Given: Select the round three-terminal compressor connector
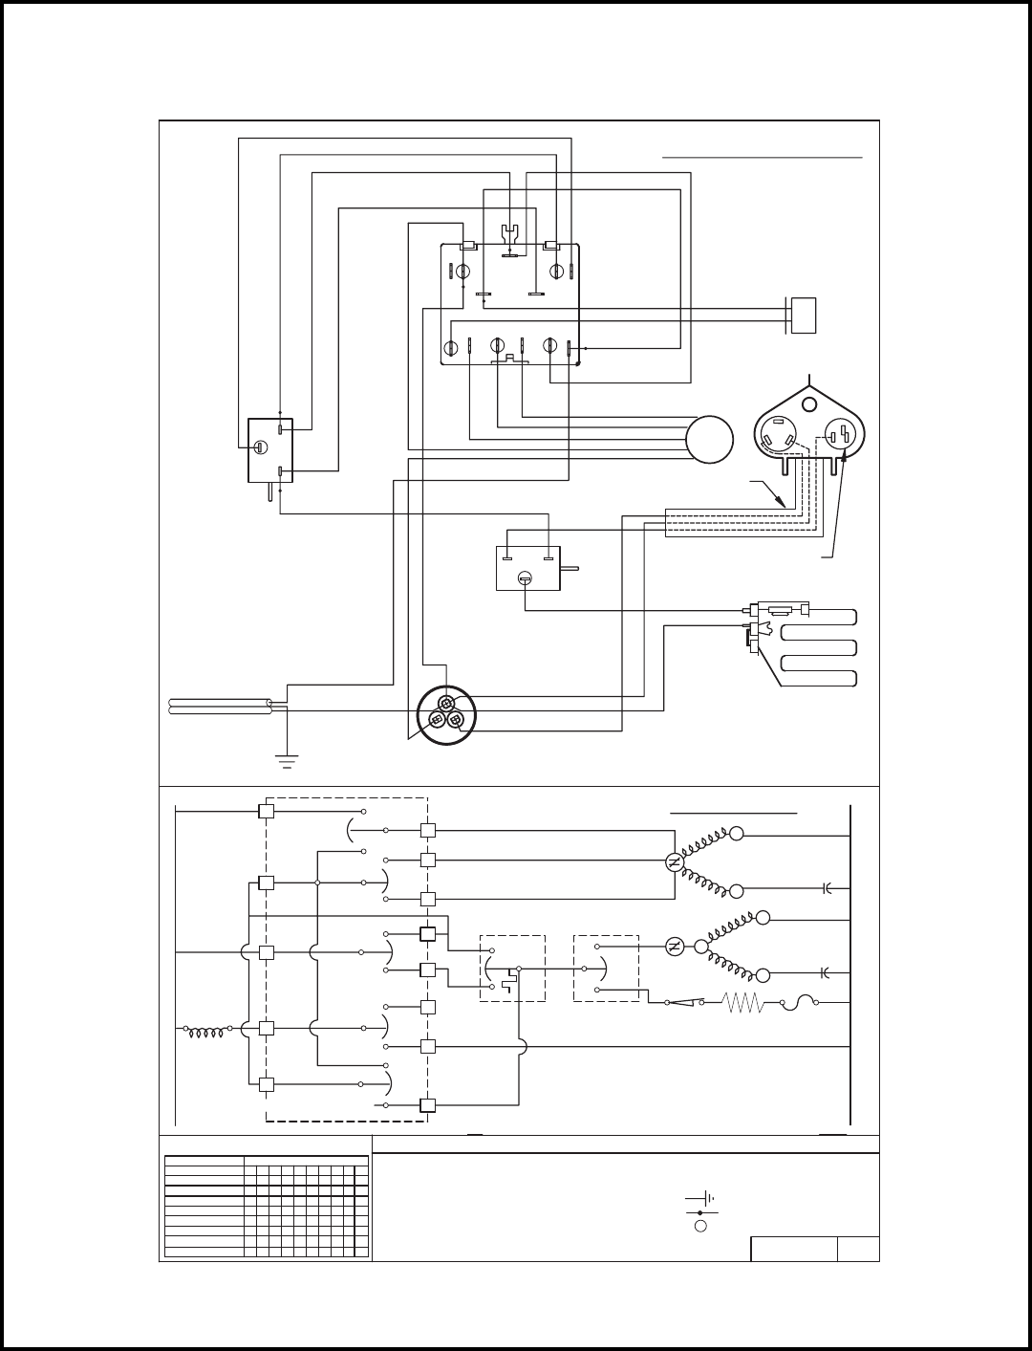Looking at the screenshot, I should pos(446,714).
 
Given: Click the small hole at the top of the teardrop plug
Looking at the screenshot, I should pos(809,403).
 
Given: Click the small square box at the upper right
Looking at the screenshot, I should pos(804,315).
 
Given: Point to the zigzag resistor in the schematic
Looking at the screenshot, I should pos(743,1003).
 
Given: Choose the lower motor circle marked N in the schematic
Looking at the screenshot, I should pos(675,946).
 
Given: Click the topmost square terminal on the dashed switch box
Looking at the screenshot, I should pos(268,811).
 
